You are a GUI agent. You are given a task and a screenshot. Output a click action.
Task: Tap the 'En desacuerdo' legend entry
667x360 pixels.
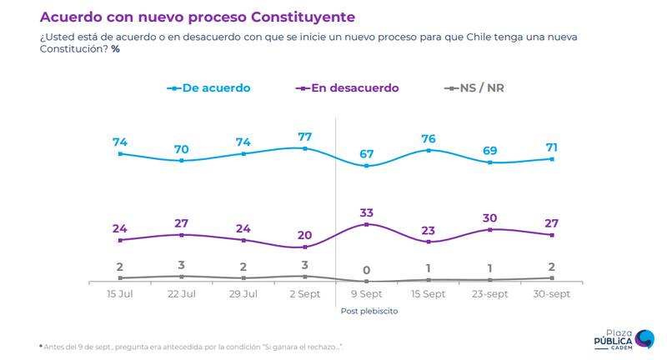[348, 87]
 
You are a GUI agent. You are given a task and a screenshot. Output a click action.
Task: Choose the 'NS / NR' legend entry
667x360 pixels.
[479, 87]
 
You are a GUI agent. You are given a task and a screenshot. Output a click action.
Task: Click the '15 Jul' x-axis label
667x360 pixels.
[120, 296]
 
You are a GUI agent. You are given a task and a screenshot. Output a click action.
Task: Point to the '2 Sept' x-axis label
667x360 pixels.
[305, 296]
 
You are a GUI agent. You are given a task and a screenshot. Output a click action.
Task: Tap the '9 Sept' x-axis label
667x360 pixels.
[367, 296]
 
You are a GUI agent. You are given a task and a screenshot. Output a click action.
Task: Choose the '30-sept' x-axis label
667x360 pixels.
[551, 296]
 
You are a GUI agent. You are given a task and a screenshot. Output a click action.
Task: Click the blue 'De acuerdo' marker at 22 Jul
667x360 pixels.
[182, 160]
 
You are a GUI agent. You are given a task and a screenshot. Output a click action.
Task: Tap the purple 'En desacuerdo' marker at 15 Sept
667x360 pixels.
[429, 242]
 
